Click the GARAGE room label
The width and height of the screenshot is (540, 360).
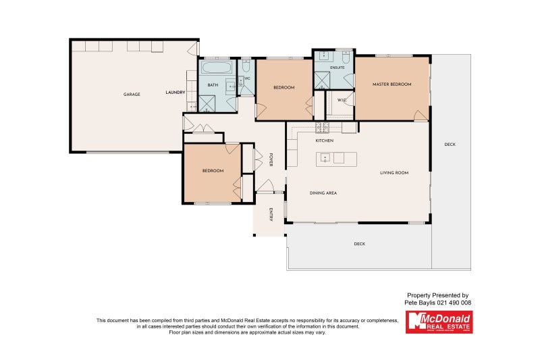click(132, 94)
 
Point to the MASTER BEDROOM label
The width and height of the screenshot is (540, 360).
click(391, 84)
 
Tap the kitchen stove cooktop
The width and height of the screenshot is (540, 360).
click(322, 128)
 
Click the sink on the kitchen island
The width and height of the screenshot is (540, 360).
click(325, 159)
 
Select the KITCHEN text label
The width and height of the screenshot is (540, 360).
click(325, 140)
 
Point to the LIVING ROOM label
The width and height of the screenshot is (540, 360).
click(394, 173)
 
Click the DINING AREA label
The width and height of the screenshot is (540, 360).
click(323, 193)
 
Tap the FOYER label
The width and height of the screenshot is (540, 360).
click(271, 159)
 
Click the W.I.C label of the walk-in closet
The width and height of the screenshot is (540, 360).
click(342, 101)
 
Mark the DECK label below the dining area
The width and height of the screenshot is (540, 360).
click(359, 244)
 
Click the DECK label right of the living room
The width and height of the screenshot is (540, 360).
click(450, 145)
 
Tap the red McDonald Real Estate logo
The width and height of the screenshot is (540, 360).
click(439, 322)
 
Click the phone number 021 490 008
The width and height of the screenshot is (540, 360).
click(454, 303)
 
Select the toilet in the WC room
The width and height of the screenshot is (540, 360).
click(246, 68)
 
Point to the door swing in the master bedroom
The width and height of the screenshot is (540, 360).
click(421, 115)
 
